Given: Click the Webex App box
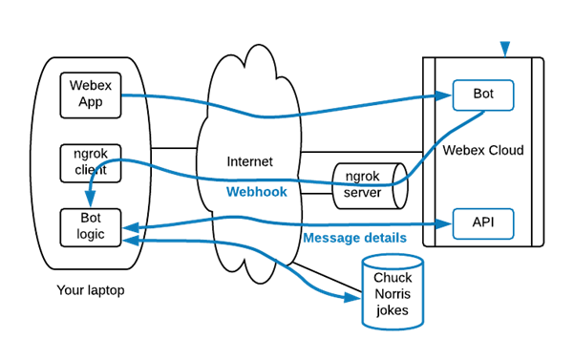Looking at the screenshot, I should coord(90,95).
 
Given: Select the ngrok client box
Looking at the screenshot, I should coord(90,161).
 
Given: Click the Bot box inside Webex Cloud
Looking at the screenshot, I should coord(482,95).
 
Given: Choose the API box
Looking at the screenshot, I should coord(482,223).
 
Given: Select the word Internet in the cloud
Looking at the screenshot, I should coord(248,161).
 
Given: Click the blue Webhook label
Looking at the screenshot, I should coord(255,192).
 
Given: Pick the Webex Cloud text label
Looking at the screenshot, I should coord(482,150).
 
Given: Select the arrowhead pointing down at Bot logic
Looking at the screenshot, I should coord(89,201).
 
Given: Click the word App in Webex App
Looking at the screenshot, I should coord(90,102).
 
